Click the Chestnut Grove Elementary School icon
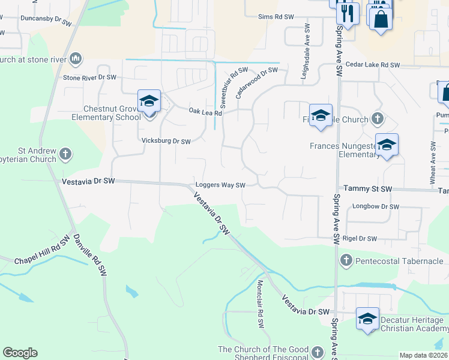point(149,101)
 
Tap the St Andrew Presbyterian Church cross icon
point(65,155)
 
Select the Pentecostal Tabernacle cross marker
point(346,260)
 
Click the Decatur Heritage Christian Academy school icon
point(367,319)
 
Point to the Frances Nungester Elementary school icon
point(387,146)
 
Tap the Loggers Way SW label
point(220,185)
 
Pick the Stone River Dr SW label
point(89,78)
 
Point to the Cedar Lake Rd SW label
point(373,65)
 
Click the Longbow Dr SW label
point(376,207)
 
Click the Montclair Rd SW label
point(261,304)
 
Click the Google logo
point(20,353)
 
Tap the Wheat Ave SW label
point(433,157)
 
